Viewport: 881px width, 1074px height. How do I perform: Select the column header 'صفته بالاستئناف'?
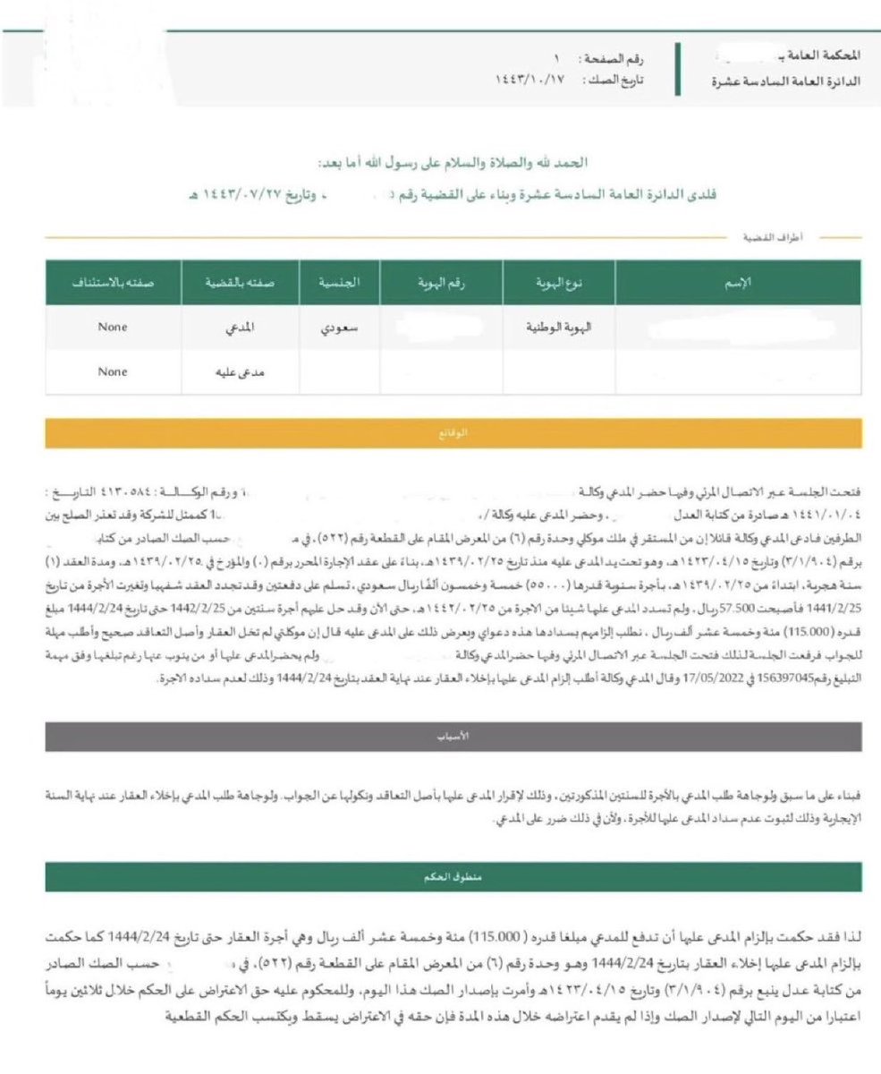[114, 283]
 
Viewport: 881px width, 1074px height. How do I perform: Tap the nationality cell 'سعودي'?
[340, 328]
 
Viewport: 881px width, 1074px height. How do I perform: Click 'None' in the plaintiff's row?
[114, 328]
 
